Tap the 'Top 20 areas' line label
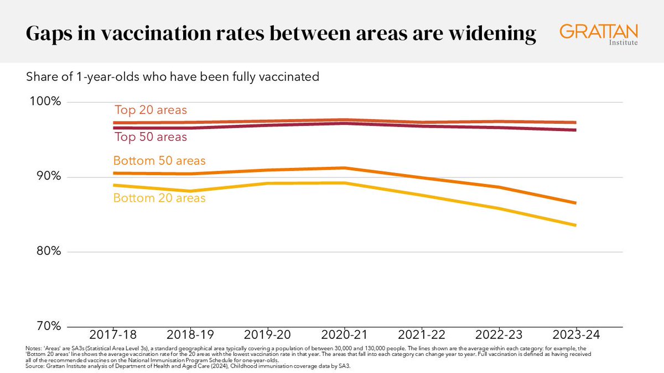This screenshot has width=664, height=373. click(151, 109)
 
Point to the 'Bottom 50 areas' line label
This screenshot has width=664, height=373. click(159, 161)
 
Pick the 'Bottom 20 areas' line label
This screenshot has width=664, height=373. click(159, 197)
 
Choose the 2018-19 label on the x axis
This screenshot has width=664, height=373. click(191, 335)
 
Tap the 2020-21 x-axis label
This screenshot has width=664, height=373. click(345, 335)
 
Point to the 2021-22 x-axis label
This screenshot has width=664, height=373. click(422, 335)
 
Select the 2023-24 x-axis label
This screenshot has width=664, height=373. click(575, 335)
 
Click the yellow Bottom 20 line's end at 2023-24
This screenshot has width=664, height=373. click(576, 225)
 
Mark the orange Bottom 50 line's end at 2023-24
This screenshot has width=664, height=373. click(576, 203)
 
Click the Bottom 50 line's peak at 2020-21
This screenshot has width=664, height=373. click(345, 168)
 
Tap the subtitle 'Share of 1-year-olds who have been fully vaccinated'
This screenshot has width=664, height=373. click(173, 77)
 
